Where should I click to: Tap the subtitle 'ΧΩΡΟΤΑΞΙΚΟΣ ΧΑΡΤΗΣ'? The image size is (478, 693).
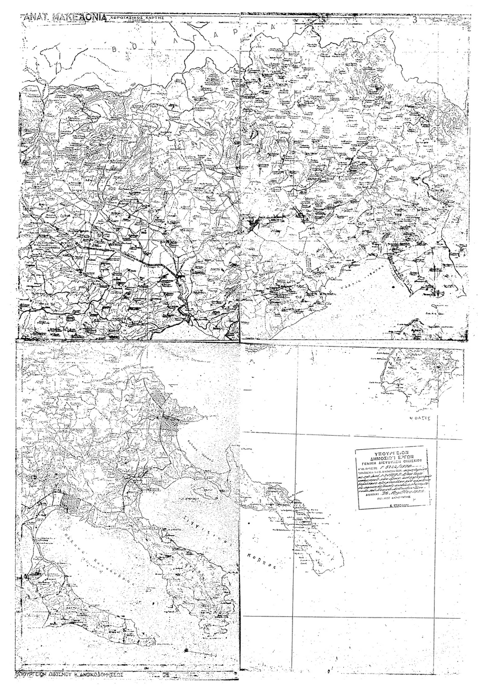coord(135,17)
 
